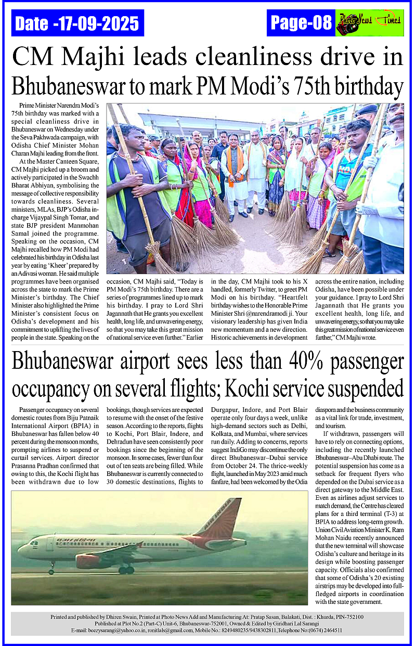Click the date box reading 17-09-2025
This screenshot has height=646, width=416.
[x=77, y=23]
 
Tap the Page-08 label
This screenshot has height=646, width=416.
[x=301, y=23]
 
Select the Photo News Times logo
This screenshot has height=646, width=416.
[x=370, y=23]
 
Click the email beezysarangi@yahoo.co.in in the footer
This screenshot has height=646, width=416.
[x=107, y=630]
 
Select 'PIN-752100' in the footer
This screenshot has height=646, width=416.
[x=346, y=617]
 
